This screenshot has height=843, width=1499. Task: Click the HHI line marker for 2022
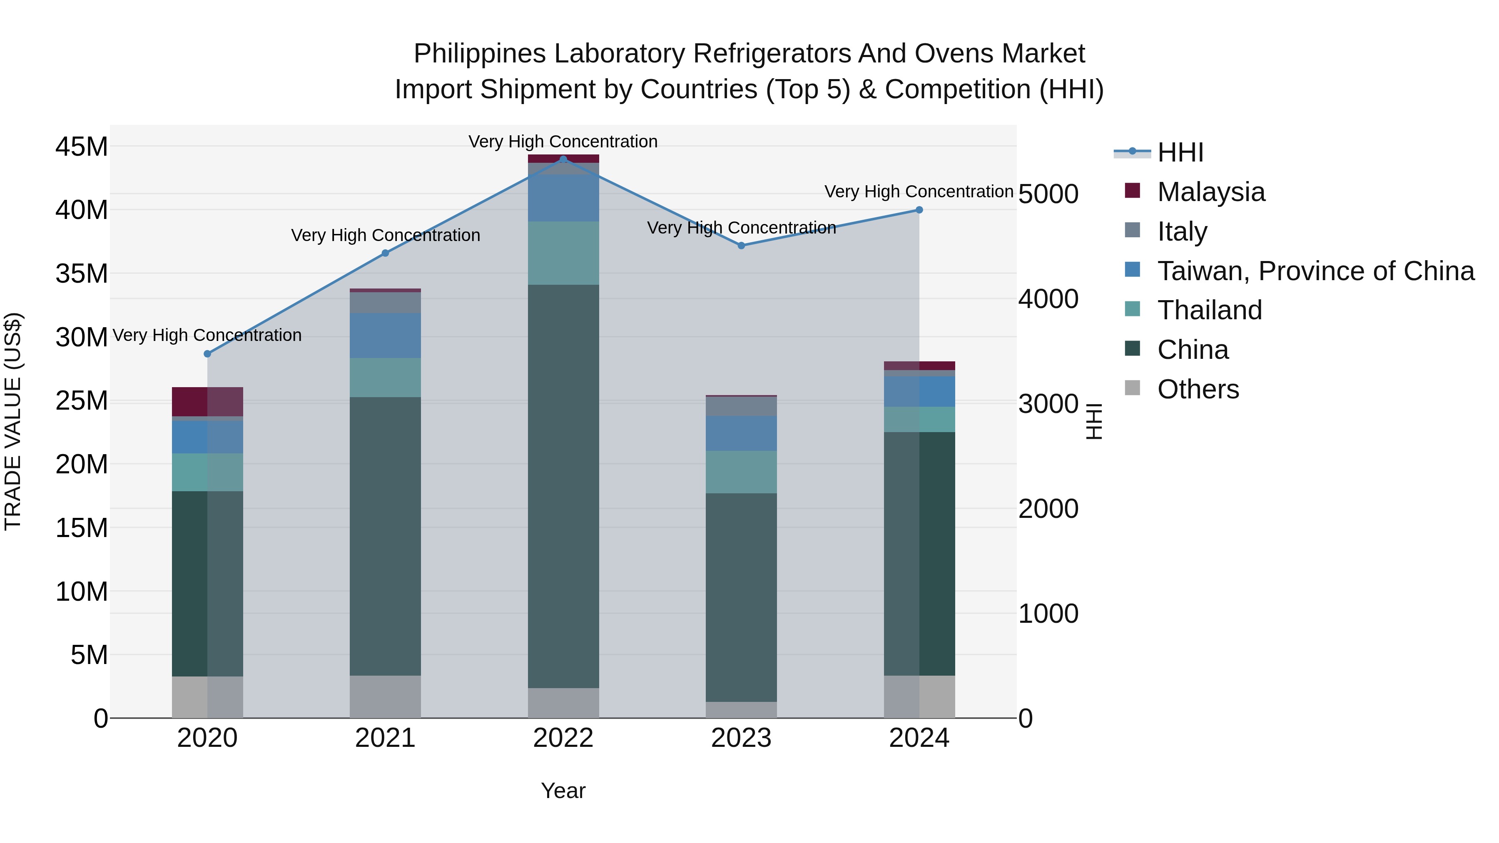[563, 159]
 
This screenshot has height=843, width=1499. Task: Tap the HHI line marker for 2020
[207, 354]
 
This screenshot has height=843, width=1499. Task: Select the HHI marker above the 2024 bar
[919, 210]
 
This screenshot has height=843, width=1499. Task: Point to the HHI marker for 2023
[741, 246]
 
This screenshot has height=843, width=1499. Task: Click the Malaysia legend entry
[1210, 192]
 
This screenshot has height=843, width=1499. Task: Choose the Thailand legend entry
[1209, 310]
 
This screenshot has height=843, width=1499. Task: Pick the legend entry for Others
[1198, 389]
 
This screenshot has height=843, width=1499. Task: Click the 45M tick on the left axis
[82, 147]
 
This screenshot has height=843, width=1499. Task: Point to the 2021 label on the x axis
[385, 738]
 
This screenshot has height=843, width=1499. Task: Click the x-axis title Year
[563, 791]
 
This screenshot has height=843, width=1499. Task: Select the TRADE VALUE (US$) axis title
[13, 421]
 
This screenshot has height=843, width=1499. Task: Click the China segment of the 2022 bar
[563, 486]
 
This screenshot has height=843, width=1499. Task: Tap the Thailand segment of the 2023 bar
[741, 472]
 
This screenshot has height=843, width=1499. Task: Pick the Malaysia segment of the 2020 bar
[207, 401]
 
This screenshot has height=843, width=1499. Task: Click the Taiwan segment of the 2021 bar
[385, 335]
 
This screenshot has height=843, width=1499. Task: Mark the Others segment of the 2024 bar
[919, 696]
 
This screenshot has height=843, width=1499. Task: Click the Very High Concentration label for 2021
[385, 236]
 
